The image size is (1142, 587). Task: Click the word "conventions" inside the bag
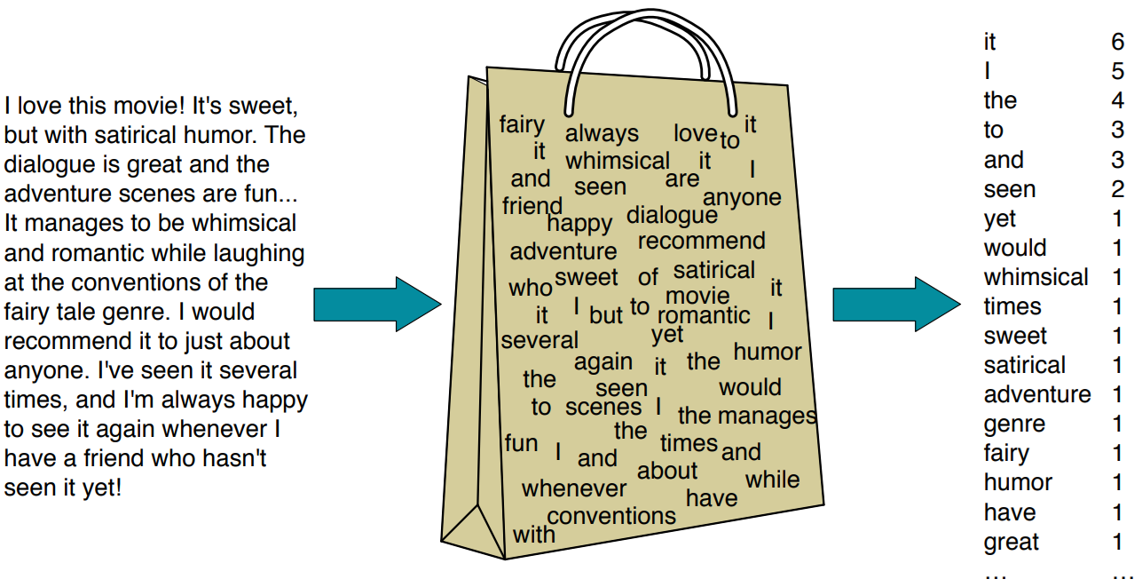pyautogui.click(x=611, y=516)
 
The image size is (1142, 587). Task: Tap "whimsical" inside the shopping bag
pyautogui.click(x=618, y=162)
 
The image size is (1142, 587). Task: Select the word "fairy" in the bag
pyautogui.click(x=522, y=124)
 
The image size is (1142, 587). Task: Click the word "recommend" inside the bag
pyautogui.click(x=701, y=242)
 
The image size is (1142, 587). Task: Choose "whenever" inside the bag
pyautogui.click(x=574, y=488)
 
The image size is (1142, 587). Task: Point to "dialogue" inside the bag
pyautogui.click(x=672, y=216)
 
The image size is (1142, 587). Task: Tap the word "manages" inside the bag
pyautogui.click(x=767, y=416)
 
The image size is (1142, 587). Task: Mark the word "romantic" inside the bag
pyautogui.click(x=704, y=316)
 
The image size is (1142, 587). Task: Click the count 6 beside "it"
pyautogui.click(x=1117, y=43)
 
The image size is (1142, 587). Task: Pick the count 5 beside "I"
pyautogui.click(x=1117, y=72)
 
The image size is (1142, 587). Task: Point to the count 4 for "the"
pyautogui.click(x=1117, y=101)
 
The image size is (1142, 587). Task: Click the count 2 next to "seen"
pyautogui.click(x=1117, y=189)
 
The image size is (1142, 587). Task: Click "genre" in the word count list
pyautogui.click(x=1014, y=424)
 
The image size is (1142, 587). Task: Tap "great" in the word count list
pyautogui.click(x=1011, y=542)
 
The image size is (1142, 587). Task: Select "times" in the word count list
pyautogui.click(x=1012, y=307)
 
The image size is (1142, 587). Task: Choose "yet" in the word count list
pyautogui.click(x=1000, y=219)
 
